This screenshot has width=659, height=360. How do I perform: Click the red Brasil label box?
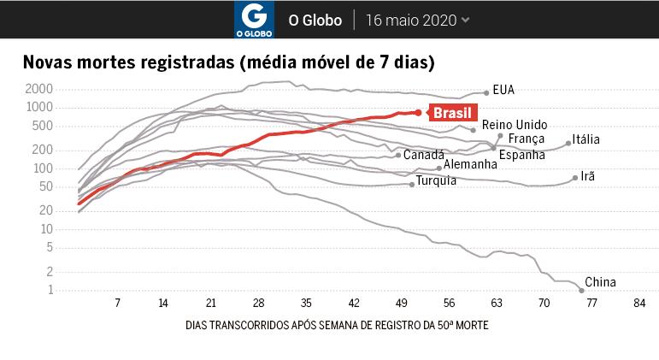(x=452, y=113)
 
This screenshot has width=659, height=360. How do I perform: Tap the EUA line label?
(x=503, y=89)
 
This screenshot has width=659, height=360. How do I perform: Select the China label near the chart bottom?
(x=600, y=282)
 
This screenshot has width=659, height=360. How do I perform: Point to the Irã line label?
(x=587, y=176)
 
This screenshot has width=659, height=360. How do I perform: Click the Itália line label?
(x=585, y=139)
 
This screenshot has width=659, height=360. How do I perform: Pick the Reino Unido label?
(x=515, y=125)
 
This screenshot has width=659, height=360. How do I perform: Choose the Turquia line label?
(x=436, y=181)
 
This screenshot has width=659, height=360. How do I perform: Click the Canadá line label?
(x=423, y=155)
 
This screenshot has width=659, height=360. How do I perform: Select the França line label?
(x=527, y=139)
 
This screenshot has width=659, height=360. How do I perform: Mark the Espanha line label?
(x=521, y=155)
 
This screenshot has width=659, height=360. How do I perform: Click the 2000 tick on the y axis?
(x=40, y=89)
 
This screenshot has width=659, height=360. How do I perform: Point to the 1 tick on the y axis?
(x=50, y=291)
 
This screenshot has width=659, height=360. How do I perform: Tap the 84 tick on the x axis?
(x=638, y=303)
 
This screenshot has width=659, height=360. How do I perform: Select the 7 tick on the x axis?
(x=117, y=303)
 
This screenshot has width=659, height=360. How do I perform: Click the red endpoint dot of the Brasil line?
(x=418, y=112)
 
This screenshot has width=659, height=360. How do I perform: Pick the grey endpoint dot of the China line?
(x=581, y=291)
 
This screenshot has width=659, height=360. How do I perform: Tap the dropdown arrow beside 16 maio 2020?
(x=465, y=20)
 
